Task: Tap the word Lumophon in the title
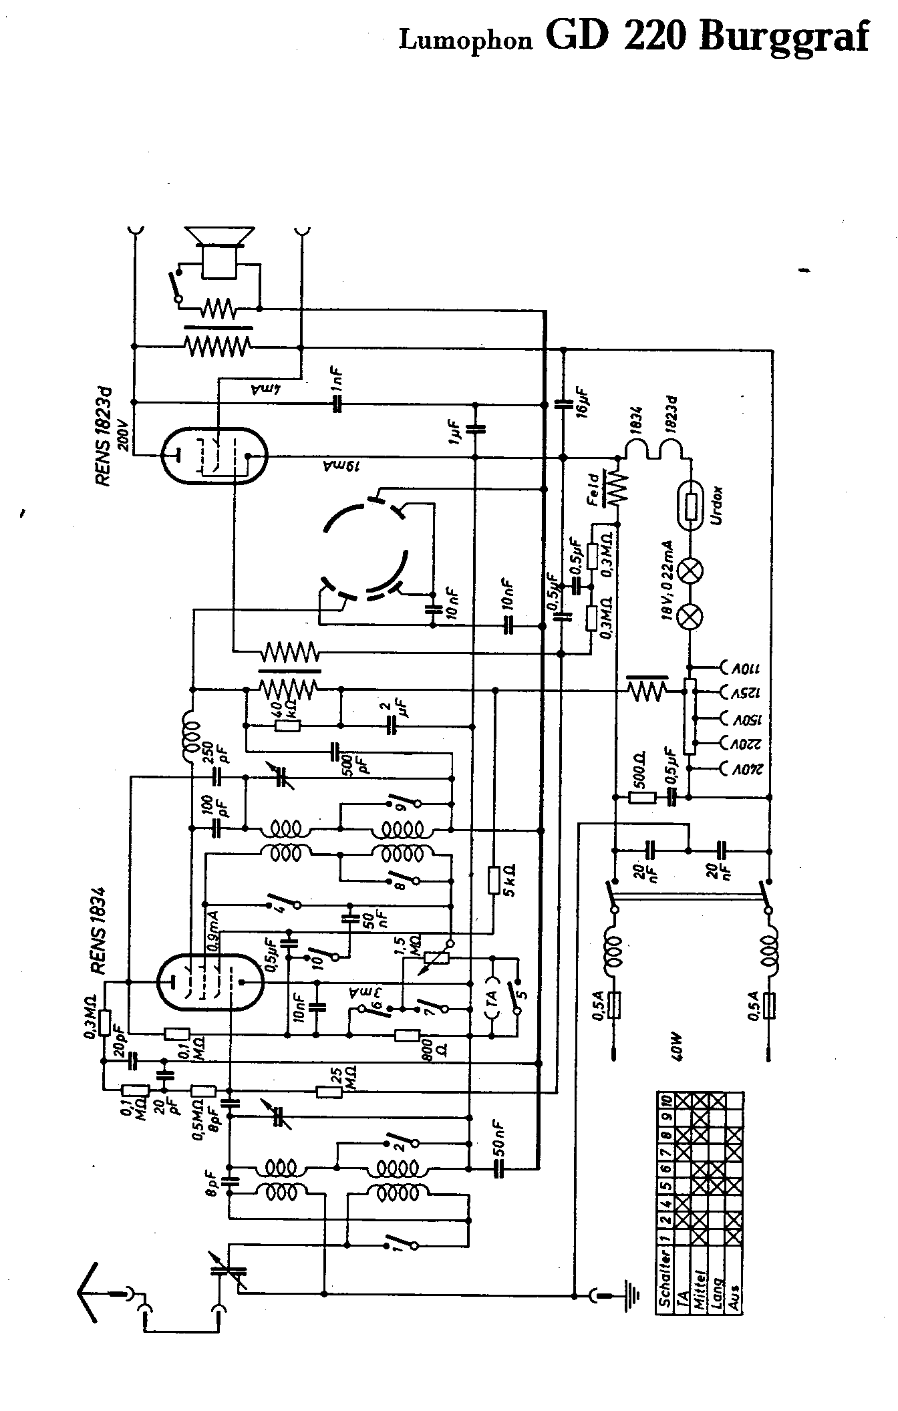pos(466,41)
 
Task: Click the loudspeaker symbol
pos(220,251)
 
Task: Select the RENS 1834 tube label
pos(98,931)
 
